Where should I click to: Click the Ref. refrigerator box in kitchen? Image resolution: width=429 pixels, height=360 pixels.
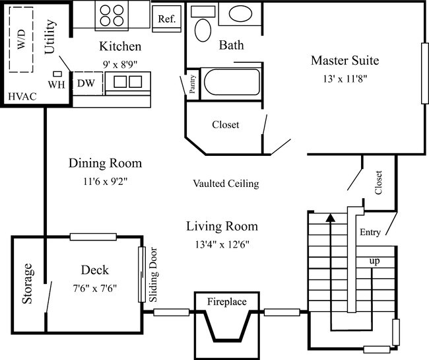tap(166, 18)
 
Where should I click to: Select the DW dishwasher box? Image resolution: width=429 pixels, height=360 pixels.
tap(86, 83)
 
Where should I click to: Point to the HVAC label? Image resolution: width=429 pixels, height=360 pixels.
tap(22, 97)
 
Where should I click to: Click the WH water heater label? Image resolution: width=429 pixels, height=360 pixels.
tap(55, 85)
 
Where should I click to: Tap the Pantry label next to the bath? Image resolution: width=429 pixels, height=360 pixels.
tap(192, 85)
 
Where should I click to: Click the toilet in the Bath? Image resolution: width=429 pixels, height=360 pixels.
tap(203, 30)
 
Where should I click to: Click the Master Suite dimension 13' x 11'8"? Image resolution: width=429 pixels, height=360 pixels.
tap(344, 79)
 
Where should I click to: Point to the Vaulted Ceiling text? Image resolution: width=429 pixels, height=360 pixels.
tap(226, 183)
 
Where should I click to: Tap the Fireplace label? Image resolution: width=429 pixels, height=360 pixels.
tap(226, 302)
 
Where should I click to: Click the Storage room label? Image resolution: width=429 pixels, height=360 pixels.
tap(28, 283)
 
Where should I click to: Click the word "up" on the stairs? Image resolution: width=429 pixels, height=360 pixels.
tap(374, 262)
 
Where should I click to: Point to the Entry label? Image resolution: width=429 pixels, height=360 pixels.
tap(370, 233)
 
